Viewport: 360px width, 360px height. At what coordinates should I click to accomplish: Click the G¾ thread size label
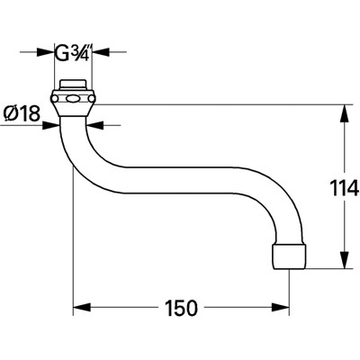click(73, 52)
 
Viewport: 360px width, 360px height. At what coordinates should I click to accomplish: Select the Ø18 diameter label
click(22, 115)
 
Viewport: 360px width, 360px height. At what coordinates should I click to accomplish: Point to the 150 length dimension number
click(181, 308)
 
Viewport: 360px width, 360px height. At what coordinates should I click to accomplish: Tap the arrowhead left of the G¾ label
click(49, 52)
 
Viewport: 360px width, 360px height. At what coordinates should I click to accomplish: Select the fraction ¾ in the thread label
click(81, 52)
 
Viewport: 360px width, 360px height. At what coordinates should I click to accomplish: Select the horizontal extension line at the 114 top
click(225, 104)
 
